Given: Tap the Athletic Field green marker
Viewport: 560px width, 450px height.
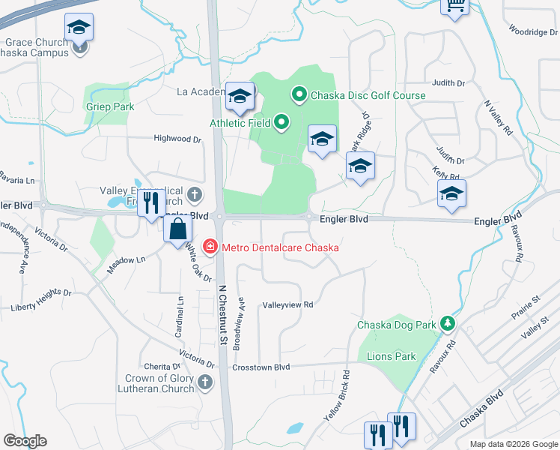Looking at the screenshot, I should (x=281, y=121).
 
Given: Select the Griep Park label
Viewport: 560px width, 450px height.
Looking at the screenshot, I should (x=109, y=107).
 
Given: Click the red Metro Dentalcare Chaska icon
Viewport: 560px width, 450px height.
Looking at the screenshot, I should (x=210, y=247).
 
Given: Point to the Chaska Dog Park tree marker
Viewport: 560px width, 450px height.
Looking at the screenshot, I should (x=447, y=323).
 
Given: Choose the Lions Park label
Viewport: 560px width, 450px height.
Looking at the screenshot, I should (x=391, y=356).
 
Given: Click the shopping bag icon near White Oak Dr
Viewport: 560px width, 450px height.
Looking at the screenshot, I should (x=178, y=229).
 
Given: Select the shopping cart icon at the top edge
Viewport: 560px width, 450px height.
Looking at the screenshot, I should (x=456, y=6).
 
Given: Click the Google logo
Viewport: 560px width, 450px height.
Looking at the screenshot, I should (x=25, y=441).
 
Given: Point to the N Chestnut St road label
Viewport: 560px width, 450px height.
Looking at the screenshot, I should (x=222, y=314).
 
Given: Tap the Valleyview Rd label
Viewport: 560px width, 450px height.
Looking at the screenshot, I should (x=287, y=305).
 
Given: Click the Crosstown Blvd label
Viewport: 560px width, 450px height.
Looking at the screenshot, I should (x=261, y=367).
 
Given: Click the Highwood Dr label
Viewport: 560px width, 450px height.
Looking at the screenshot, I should (x=177, y=139).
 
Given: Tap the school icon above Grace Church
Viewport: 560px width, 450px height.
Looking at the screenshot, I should (x=79, y=28).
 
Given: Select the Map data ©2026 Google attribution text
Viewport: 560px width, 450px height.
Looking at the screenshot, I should (x=514, y=444).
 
